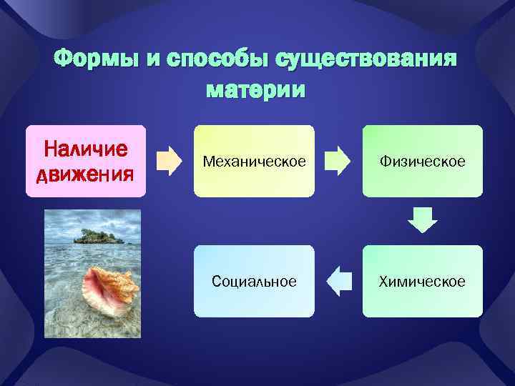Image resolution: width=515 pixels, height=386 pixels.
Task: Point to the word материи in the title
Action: point(255,91)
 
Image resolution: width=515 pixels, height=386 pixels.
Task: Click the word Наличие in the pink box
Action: point(86,149)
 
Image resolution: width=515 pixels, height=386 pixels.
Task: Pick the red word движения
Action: point(86,173)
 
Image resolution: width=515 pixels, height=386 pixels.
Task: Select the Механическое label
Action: point(254,162)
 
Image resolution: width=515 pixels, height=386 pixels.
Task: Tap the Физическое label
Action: point(423,162)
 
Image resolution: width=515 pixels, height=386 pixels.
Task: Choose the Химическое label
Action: point(423,282)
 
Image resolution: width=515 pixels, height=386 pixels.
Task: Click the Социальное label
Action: point(254,282)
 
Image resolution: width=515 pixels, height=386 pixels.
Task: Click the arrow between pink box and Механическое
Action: point(169,161)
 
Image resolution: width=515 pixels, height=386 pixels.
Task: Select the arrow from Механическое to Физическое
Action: point(338,161)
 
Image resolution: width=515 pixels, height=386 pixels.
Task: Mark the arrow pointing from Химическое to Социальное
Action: point(338,281)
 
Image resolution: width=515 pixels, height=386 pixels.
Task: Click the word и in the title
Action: point(153,59)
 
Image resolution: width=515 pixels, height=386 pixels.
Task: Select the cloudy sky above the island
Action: point(92,219)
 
